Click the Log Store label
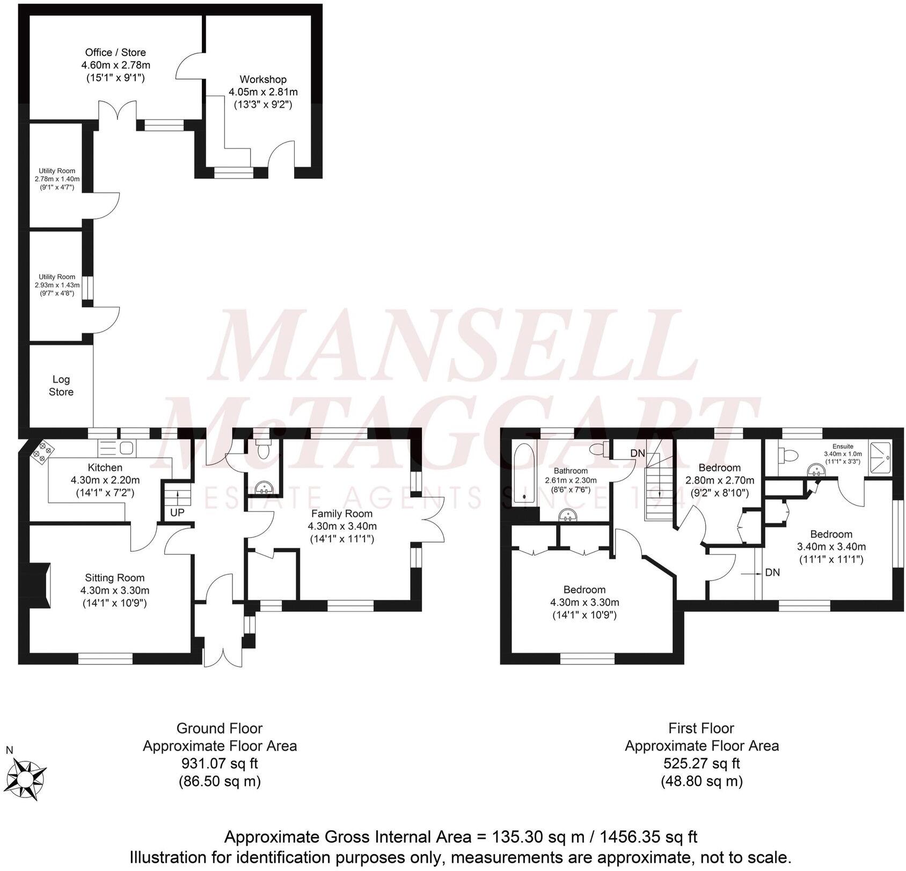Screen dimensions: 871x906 pyautogui.click(x=61, y=386)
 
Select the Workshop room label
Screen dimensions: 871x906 pyautogui.click(x=263, y=79)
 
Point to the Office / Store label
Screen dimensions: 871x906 pyautogui.click(x=115, y=53)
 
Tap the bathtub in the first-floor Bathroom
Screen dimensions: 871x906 pyautogui.click(x=523, y=473)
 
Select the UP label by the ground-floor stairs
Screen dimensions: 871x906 pyautogui.click(x=177, y=513)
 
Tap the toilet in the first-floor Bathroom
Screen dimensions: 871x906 pyautogui.click(x=599, y=449)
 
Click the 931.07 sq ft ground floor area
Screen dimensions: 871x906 pyautogui.click(x=220, y=763)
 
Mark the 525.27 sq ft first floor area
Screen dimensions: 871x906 pyautogui.click(x=702, y=763)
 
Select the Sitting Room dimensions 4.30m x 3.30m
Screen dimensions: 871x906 pyautogui.click(x=115, y=590)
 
